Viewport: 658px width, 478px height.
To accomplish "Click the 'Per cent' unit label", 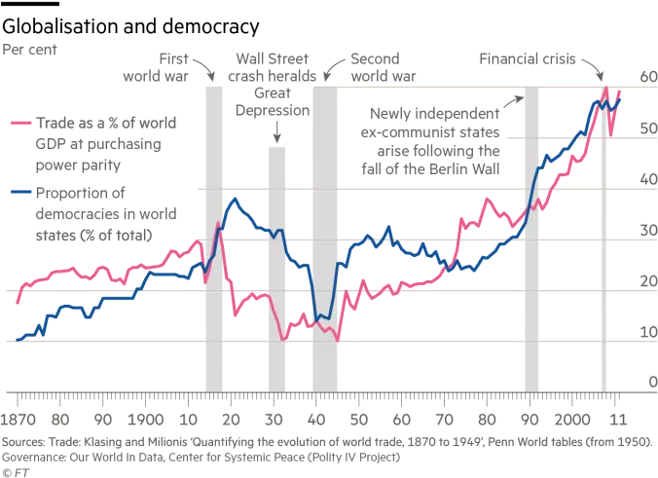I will click(x=32, y=47).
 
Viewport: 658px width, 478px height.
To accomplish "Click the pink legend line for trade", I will click(x=21, y=125).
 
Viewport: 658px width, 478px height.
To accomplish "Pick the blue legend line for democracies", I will click(x=21, y=193).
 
